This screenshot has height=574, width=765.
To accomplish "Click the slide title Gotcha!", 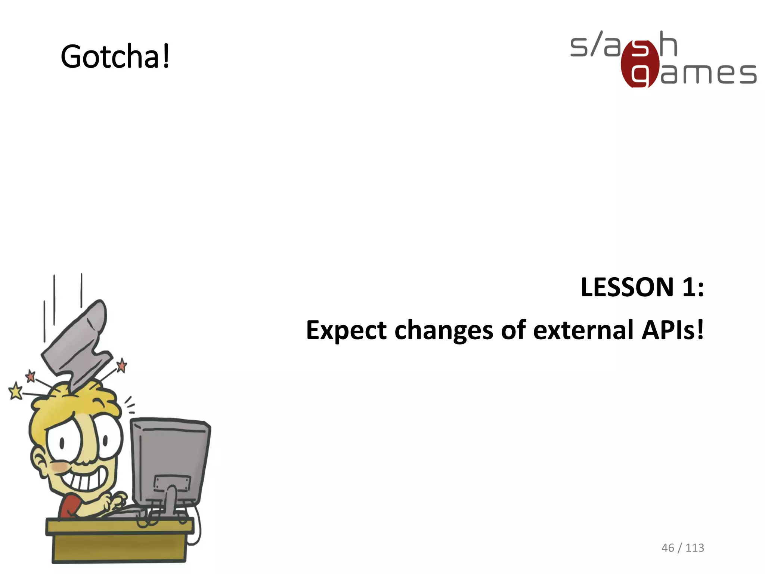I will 115,57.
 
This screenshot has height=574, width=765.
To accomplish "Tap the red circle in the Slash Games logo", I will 640,64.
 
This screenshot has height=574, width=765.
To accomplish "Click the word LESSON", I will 627,287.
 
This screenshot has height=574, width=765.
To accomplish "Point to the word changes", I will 444,331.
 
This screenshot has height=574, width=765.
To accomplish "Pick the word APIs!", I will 672,330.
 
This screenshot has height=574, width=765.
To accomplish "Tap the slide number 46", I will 668,548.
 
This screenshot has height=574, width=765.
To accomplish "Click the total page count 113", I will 695,548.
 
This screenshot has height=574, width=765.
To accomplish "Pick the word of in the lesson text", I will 513,330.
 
